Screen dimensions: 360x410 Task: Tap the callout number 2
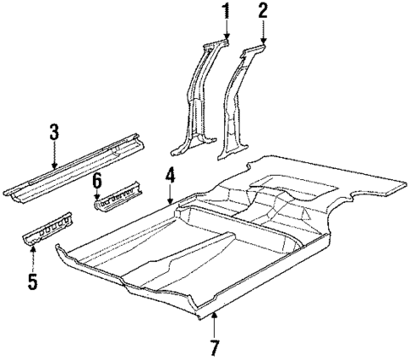263,11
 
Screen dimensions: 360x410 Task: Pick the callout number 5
32,281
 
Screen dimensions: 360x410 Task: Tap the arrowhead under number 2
263,41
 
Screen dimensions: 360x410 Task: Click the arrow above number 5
32,248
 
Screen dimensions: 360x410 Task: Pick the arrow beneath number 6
97,197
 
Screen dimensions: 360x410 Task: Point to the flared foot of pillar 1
188,145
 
